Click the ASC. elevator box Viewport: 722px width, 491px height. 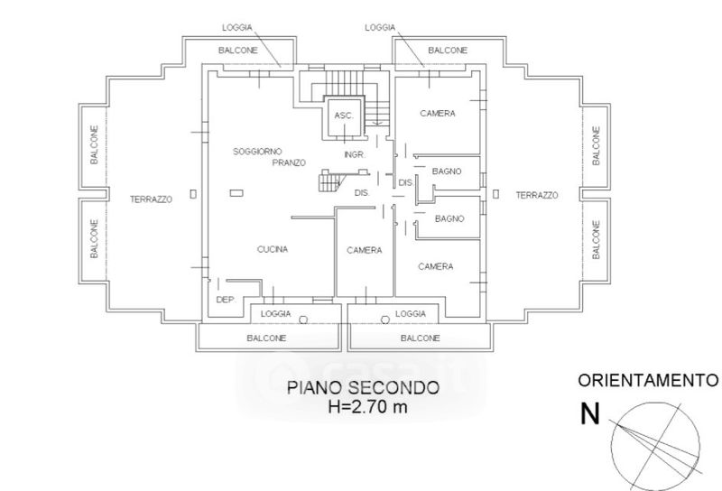[x=345, y=117]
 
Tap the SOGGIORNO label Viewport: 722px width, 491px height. [x=257, y=151]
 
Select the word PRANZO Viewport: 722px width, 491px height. [x=289, y=162]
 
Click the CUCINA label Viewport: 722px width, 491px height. [x=273, y=249]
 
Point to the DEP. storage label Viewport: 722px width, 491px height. [x=227, y=300]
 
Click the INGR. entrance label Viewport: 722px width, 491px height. [x=355, y=154]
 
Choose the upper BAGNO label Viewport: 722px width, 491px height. [x=447, y=171]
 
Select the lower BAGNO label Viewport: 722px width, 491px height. [x=449, y=218]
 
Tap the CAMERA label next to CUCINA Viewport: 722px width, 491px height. [x=365, y=250]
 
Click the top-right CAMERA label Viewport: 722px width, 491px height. [x=438, y=114]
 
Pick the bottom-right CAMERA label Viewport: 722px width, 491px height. [x=436, y=266]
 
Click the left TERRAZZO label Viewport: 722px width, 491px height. [x=151, y=199]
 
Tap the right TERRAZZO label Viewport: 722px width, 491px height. [x=537, y=195]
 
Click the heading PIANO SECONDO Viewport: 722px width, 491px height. [x=364, y=387]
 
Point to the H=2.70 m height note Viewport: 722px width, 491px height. [x=368, y=407]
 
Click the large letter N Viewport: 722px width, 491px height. [x=590, y=413]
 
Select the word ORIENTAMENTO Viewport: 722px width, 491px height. [x=648, y=381]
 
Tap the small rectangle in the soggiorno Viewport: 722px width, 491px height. [x=236, y=193]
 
